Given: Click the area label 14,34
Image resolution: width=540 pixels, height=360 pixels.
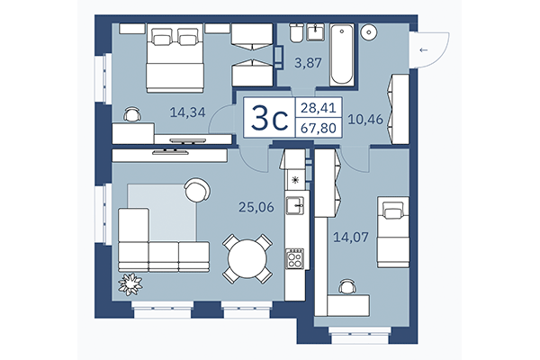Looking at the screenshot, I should click(x=186, y=112).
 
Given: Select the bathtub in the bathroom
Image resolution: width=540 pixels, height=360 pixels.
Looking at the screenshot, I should click(x=343, y=54).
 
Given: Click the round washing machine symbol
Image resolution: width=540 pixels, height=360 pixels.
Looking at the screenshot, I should click(x=370, y=33).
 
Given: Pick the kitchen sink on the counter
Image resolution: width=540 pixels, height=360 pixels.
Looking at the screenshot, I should click(x=294, y=207).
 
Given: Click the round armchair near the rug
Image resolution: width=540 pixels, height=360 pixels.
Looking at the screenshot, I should click(x=196, y=190).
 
